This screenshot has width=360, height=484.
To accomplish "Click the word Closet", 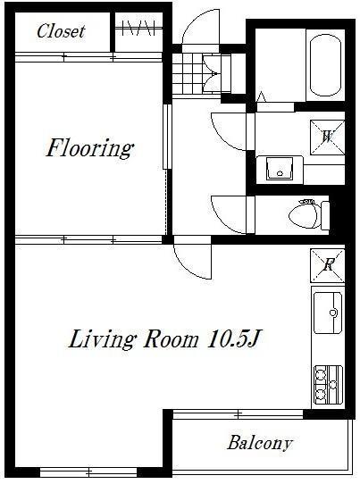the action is coord(61,31).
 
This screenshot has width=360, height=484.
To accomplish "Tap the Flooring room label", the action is coord(90,149).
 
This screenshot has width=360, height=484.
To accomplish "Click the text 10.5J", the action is coord(235,339).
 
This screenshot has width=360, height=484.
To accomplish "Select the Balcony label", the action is coord(260,443).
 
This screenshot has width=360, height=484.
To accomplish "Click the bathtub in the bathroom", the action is coord(325,65).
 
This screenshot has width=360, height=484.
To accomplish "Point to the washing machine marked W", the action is coord(327,137).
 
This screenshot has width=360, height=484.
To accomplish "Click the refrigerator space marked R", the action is coord(328,265).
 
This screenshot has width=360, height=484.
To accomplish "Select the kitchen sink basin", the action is coord(328,313).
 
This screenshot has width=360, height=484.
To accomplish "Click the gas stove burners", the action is coord(328,385).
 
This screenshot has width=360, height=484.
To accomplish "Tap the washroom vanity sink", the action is coord(280,169).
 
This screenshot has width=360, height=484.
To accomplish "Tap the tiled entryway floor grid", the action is coord(188,73).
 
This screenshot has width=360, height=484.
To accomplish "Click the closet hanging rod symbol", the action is coord(138,29).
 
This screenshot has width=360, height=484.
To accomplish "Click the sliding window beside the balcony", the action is coord(238,414).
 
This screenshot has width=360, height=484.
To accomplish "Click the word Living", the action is coord(101,340).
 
